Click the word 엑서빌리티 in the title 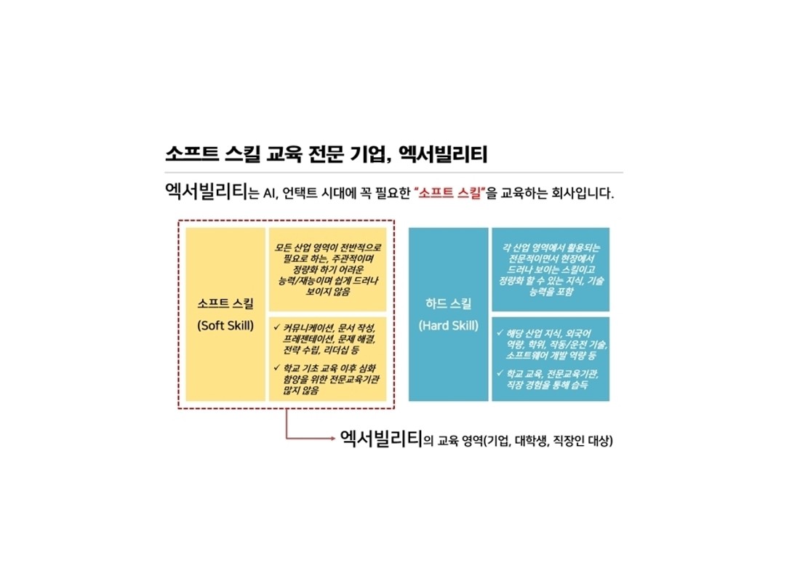tap(443, 154)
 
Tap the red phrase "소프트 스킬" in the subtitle tap(449, 193)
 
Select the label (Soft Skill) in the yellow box tap(225, 326)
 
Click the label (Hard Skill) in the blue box tap(449, 326)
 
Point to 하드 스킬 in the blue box tap(449, 304)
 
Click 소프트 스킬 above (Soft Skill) tap(225, 304)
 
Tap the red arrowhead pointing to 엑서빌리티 tap(332, 438)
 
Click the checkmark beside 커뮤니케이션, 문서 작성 tap(277, 327)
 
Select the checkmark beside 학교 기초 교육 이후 tap(277, 367)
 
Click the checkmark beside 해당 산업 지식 tap(500, 333)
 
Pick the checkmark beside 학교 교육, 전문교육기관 tap(500, 373)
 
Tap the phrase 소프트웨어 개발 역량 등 tap(551, 355)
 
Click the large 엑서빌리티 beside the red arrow tap(381, 439)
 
